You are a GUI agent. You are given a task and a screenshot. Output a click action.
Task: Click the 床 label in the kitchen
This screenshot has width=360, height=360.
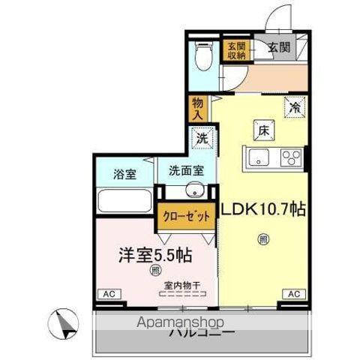coord(263,129)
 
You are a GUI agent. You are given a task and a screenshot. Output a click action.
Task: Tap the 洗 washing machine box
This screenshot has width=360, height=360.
coord(201,138)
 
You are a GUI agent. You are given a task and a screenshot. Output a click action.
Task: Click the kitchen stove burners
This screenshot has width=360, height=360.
coord(291,157)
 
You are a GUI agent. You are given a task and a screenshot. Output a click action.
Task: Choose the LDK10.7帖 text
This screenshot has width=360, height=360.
coord(262,211)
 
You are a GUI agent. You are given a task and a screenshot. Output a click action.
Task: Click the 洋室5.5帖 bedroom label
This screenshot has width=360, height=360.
coord(153,255)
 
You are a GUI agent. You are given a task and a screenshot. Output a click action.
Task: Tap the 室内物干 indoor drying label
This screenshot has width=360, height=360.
coord(180,286)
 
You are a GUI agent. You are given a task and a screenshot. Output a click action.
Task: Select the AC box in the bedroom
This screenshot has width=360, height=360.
coord(109,294)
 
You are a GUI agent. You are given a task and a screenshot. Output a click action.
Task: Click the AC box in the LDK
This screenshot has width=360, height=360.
coord(293,293)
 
